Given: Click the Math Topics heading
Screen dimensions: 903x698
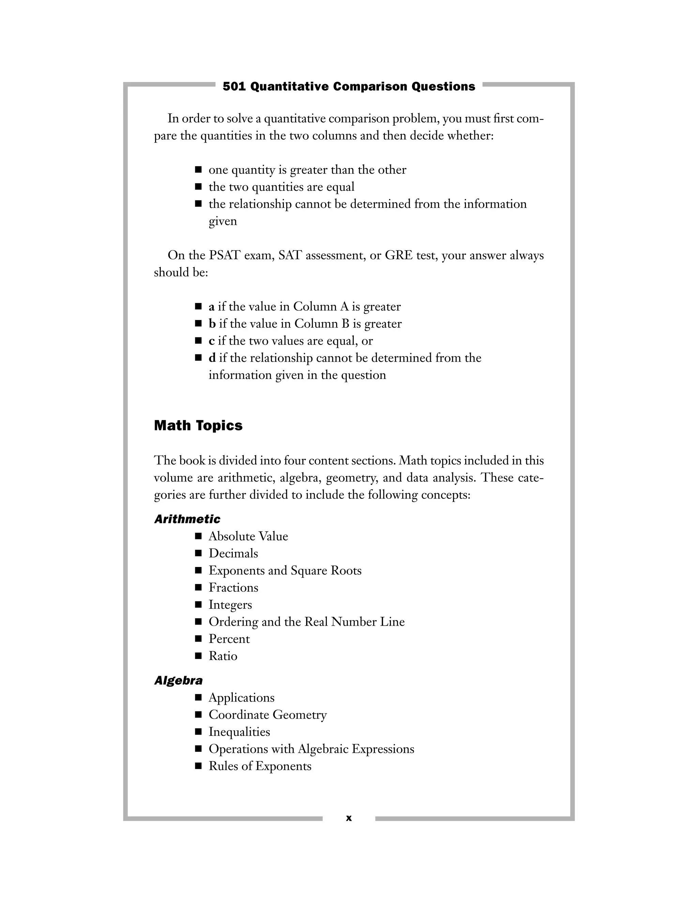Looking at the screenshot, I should coord(198,426).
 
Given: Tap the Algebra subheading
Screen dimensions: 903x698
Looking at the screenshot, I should coord(178,680).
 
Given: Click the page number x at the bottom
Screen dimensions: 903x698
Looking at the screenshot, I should coord(349,818).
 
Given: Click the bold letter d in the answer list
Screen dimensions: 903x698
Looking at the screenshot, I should coord(212,358).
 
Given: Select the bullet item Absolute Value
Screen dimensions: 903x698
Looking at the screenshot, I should coord(248,536).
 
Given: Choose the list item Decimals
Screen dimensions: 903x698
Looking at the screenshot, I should coord(233,554).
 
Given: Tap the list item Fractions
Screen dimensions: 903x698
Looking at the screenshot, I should coord(233,587).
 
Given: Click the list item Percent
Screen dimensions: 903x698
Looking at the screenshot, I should coord(229,639).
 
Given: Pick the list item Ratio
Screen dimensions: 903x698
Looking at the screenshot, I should coord(223,656).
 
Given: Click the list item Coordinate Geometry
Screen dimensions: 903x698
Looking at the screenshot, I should coord(268,715).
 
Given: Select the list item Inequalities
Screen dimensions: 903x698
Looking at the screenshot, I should coord(239,732).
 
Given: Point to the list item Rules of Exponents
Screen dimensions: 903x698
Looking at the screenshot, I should coord(260,766).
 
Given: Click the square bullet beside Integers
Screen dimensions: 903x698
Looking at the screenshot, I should coord(198,604).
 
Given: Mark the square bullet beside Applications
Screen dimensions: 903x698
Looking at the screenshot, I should coord(198,698).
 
